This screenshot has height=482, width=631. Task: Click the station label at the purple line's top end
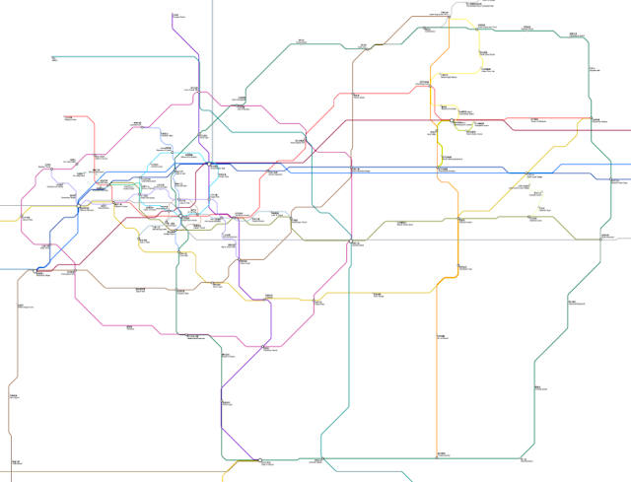176,15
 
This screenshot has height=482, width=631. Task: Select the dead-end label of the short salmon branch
70,119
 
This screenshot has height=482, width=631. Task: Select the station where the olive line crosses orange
459,220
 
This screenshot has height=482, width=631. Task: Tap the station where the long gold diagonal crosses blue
513,184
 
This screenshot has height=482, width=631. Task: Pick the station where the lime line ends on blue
441,169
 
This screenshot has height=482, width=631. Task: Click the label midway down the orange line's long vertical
441,340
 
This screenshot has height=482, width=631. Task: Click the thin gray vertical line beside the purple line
213,59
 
